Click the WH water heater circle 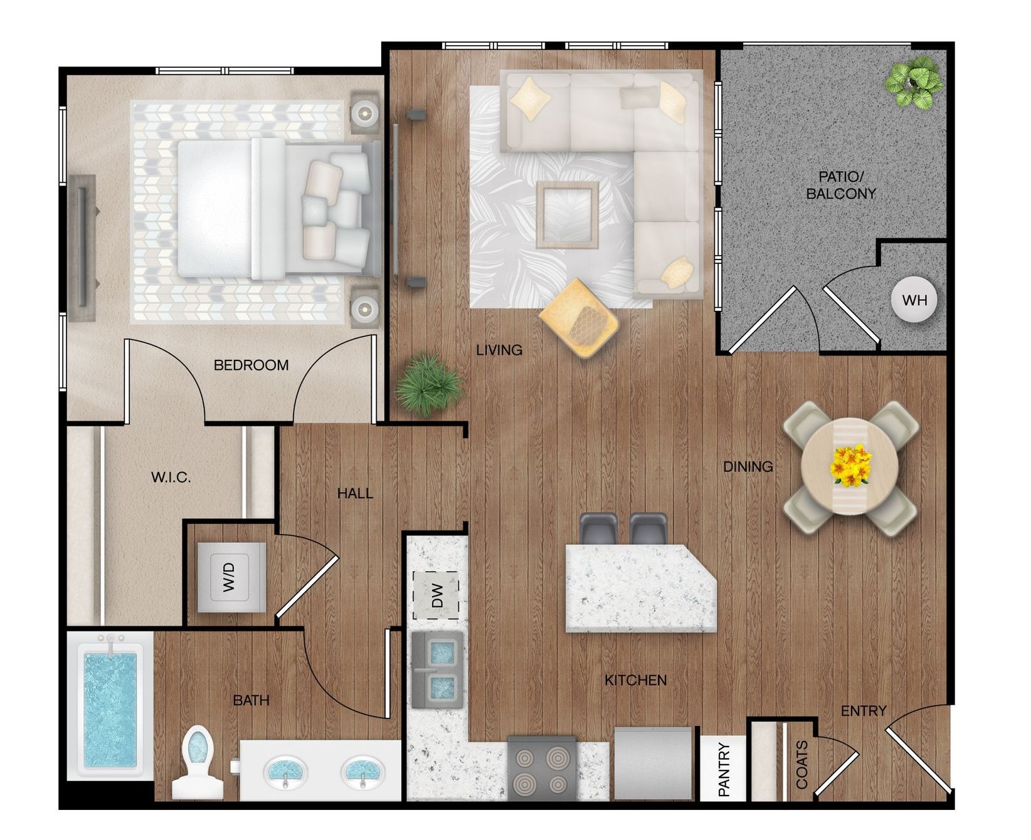coord(914,300)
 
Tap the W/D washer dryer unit coord(231,577)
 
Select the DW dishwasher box coord(435,596)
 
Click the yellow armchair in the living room coord(578,318)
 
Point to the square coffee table coord(568,215)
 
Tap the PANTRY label coord(724,769)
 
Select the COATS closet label coord(801,765)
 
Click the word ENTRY coord(864,711)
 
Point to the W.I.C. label coord(171,478)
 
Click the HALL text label coord(355,493)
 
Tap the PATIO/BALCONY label coord(840,185)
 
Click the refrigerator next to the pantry coord(653,763)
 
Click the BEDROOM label coord(251,365)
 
